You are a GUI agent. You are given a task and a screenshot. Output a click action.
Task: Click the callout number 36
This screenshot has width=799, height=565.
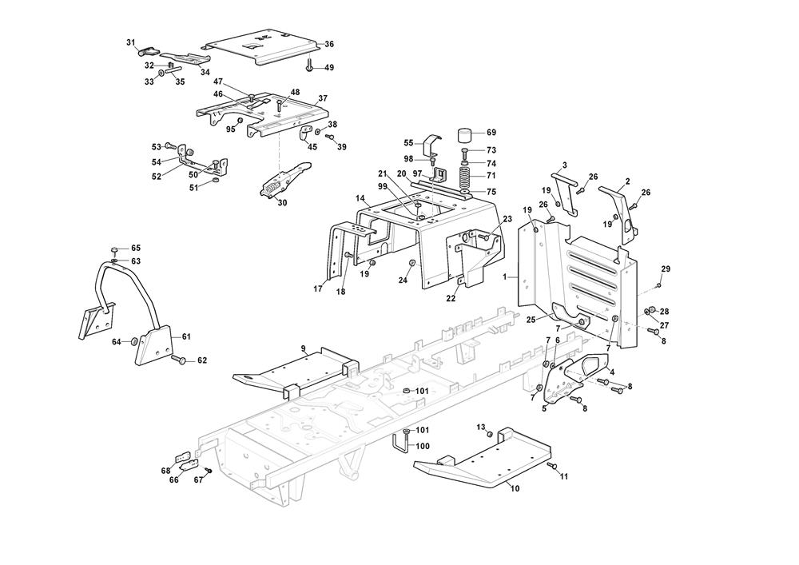point(329,44)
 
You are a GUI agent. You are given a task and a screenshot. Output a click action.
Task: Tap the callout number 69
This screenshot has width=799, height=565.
point(491,133)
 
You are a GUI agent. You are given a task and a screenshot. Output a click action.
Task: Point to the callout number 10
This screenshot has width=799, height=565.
point(515,488)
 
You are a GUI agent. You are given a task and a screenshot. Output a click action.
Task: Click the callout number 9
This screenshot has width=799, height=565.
point(304,348)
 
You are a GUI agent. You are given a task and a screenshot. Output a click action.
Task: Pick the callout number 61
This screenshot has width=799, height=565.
point(186,336)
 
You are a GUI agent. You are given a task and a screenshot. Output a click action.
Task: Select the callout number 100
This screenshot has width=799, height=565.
point(423,446)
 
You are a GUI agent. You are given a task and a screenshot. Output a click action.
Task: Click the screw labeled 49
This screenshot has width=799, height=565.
point(308,66)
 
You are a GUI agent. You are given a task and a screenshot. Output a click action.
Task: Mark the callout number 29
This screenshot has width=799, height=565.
point(666,269)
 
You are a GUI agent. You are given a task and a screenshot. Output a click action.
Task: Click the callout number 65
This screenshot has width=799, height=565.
point(136,249)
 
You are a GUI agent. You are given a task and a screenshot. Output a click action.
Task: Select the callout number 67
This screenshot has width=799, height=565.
point(198,480)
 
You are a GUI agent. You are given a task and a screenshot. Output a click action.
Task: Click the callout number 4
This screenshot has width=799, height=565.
point(612,371)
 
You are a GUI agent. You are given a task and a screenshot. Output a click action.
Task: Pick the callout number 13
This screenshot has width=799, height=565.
point(481,427)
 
